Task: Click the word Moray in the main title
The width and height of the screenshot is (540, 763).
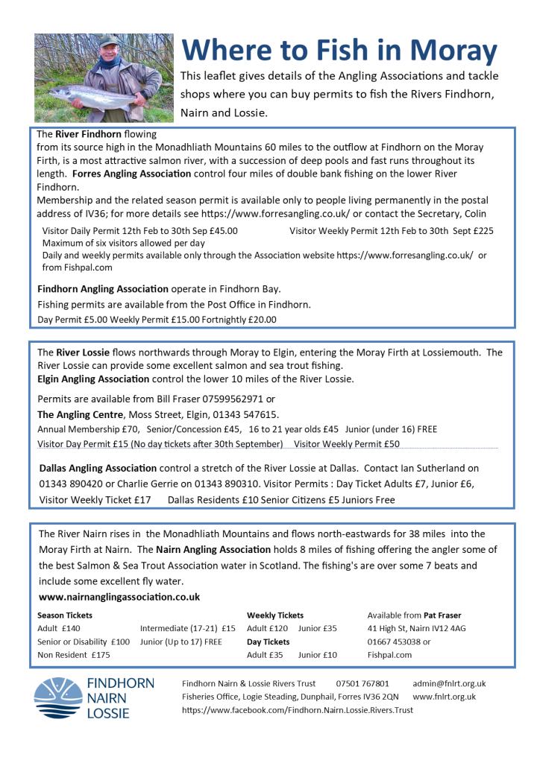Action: coord(451,51)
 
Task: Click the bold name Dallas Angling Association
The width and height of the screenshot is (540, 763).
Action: coord(98,468)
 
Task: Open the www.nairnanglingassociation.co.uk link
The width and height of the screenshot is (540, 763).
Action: coord(119,597)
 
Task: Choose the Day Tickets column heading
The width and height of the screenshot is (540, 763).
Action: coord(268,642)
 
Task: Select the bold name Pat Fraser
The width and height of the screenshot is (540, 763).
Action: coord(442,615)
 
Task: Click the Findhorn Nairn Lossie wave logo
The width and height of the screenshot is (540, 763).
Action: coord(58,698)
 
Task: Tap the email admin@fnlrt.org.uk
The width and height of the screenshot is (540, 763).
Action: coord(449,683)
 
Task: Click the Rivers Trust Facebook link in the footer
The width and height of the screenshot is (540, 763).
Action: coord(298,710)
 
